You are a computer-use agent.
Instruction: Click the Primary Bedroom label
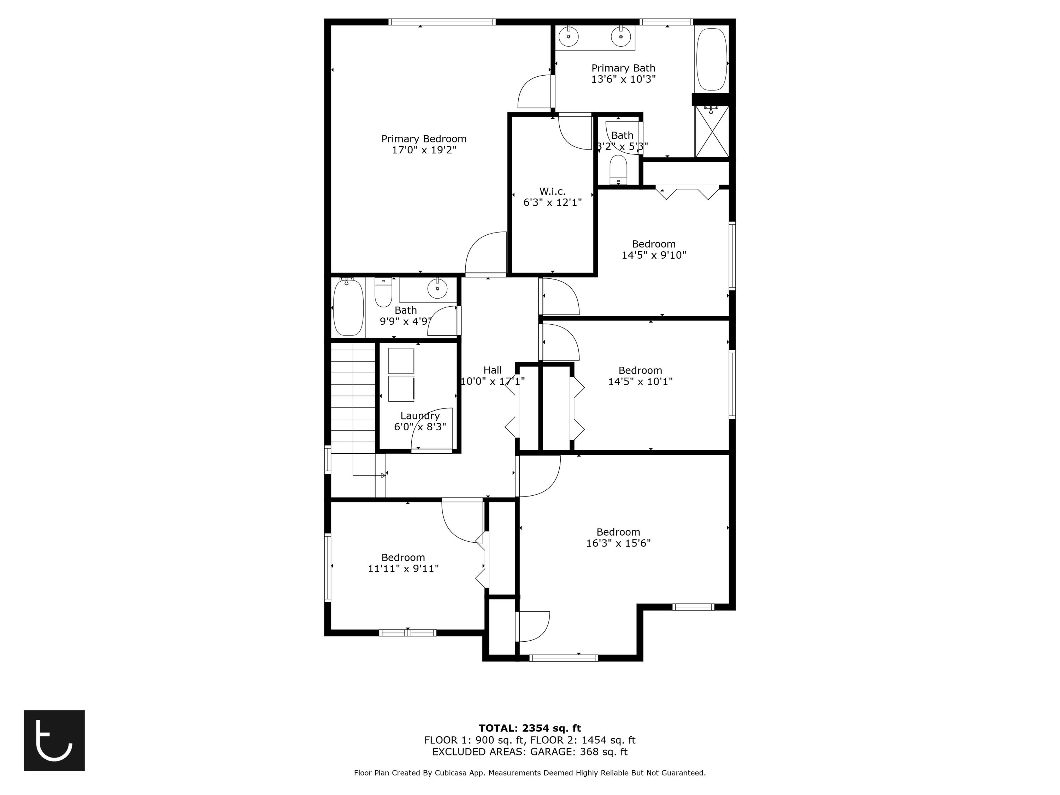[x=424, y=139]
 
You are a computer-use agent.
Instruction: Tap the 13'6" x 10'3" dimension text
[x=623, y=79]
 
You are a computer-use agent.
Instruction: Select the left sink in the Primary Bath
[x=569, y=36]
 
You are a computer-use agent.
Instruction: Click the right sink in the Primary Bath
[x=620, y=36]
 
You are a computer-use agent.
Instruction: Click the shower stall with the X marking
[x=712, y=132]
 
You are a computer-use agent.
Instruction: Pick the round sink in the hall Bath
[x=437, y=289]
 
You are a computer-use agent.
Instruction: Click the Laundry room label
[x=420, y=416]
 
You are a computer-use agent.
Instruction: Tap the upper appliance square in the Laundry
[x=401, y=361]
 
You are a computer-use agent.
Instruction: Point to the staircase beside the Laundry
[x=353, y=398]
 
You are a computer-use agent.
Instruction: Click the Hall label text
[x=492, y=370]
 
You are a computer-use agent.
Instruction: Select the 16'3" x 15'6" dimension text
[x=618, y=543]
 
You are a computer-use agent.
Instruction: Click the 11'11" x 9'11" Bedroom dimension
[x=403, y=569]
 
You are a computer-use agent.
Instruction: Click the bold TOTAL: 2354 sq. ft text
[x=530, y=728]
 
